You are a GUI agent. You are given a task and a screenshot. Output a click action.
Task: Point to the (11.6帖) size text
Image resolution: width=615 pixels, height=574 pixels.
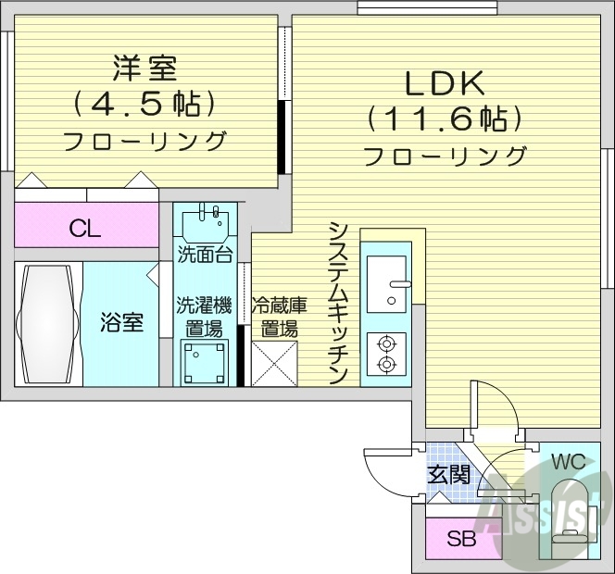click(445, 119)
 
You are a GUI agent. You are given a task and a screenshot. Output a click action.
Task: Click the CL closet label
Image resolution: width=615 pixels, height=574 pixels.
click(85, 229)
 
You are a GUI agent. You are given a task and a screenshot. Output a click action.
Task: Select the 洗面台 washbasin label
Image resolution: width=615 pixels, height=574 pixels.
click(205, 255)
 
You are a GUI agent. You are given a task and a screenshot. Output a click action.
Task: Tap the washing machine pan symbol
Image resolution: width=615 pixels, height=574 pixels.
click(204, 362)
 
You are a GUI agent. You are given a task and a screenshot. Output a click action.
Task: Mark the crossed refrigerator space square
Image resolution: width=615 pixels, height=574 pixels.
click(274, 362)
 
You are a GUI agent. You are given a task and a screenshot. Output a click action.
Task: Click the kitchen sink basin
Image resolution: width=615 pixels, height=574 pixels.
click(387, 282)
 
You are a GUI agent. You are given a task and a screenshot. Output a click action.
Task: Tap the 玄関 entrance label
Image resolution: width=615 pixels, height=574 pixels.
click(447, 475)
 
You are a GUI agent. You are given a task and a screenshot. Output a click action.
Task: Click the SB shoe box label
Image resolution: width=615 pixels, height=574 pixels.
click(461, 539)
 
